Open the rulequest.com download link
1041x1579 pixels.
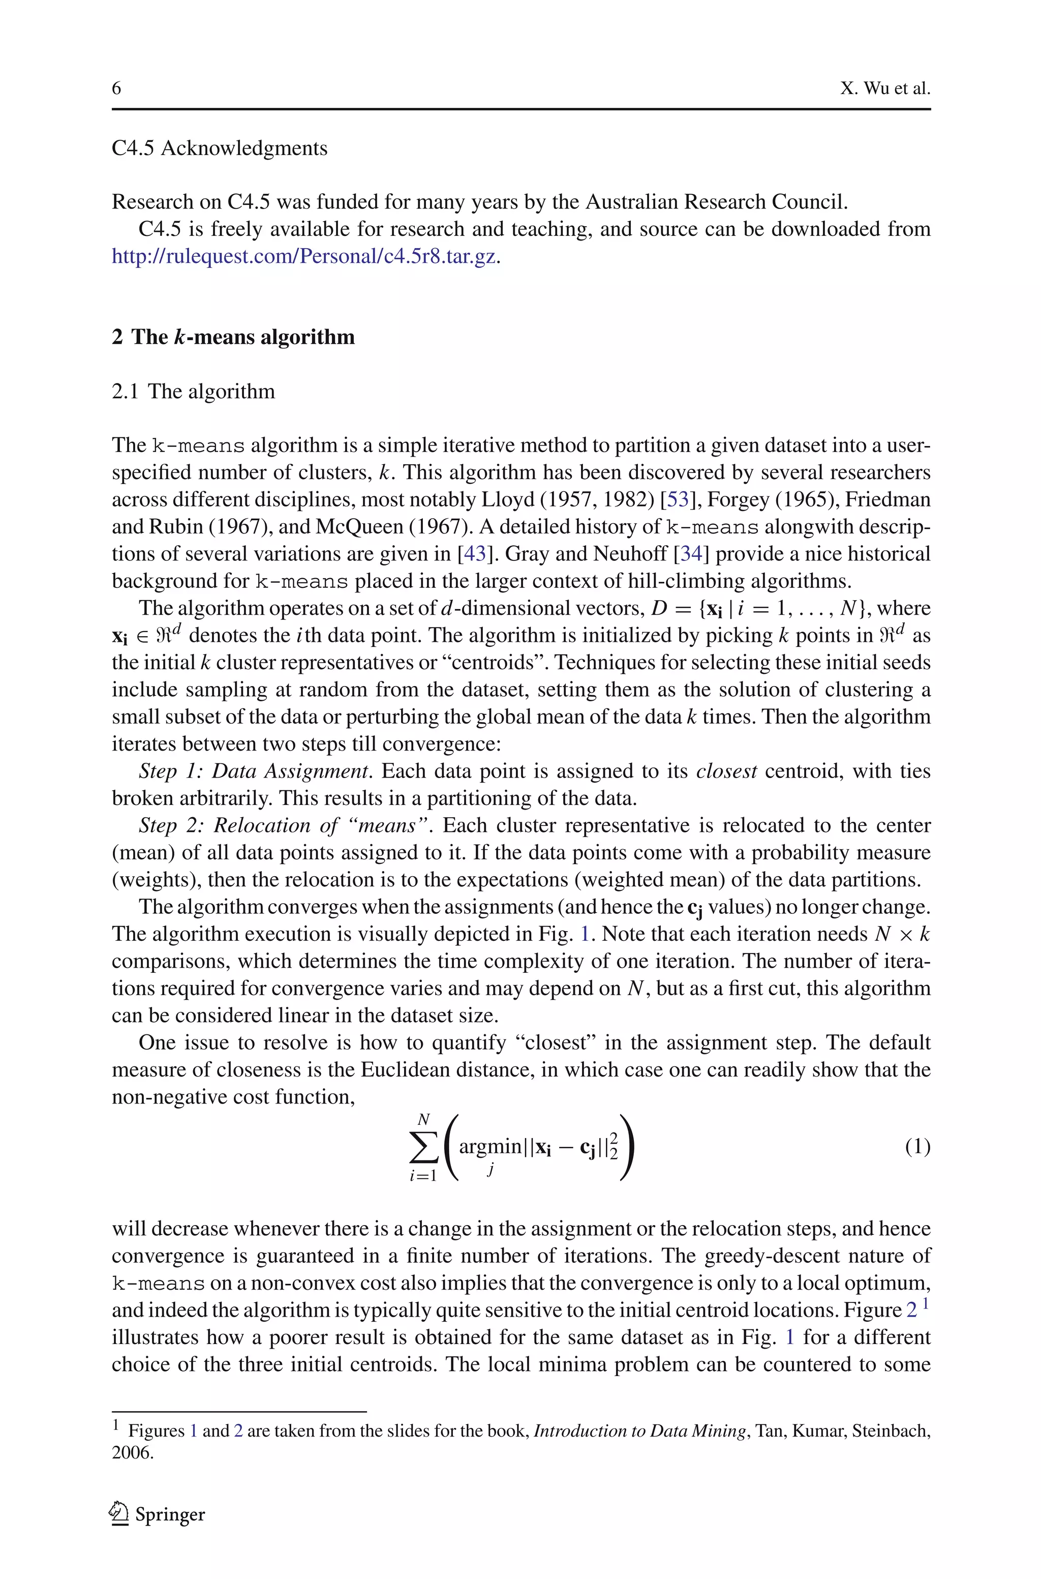pos(303,256)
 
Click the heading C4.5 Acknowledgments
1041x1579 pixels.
pos(219,147)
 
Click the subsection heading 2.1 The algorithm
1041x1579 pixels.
pos(193,391)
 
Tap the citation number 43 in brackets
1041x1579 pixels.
pos(475,554)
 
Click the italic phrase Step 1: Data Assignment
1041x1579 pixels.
pos(254,771)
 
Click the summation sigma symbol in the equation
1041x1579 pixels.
pos(423,1147)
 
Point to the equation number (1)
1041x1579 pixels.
pos(917,1147)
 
